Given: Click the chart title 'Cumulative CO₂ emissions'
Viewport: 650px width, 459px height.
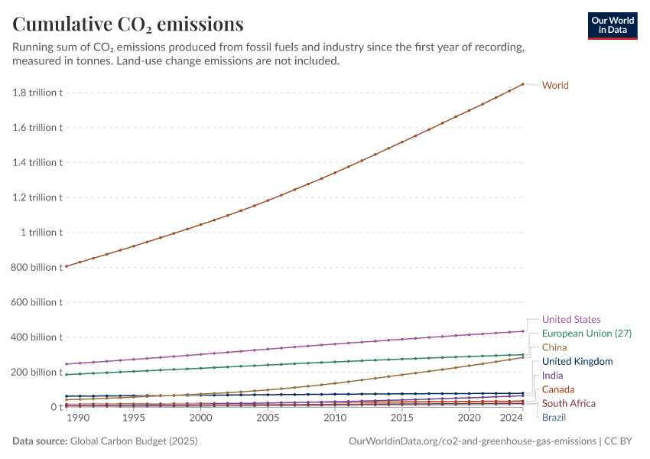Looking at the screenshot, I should (128, 24).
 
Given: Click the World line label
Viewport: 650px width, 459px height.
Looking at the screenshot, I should (555, 85).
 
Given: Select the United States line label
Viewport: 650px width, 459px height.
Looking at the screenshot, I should (571, 319).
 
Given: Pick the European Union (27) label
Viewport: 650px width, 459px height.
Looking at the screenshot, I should (587, 334).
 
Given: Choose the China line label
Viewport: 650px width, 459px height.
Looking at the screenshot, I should (554, 347).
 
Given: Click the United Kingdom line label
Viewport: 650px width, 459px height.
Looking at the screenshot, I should (577, 361).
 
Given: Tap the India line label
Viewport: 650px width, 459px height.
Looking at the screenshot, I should (552, 376).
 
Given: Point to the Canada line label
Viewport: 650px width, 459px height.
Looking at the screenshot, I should (558, 389).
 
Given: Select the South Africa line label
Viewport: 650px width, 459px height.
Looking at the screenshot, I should (568, 403).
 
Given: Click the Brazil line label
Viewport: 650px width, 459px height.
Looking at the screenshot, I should (554, 417).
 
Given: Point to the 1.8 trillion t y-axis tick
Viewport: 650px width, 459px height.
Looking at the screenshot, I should (37, 93).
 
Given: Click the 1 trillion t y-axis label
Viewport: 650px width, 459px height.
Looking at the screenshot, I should (43, 233).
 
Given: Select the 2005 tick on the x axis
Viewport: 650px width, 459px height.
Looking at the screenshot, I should (268, 418).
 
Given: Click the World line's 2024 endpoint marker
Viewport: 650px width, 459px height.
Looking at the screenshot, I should (523, 84).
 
